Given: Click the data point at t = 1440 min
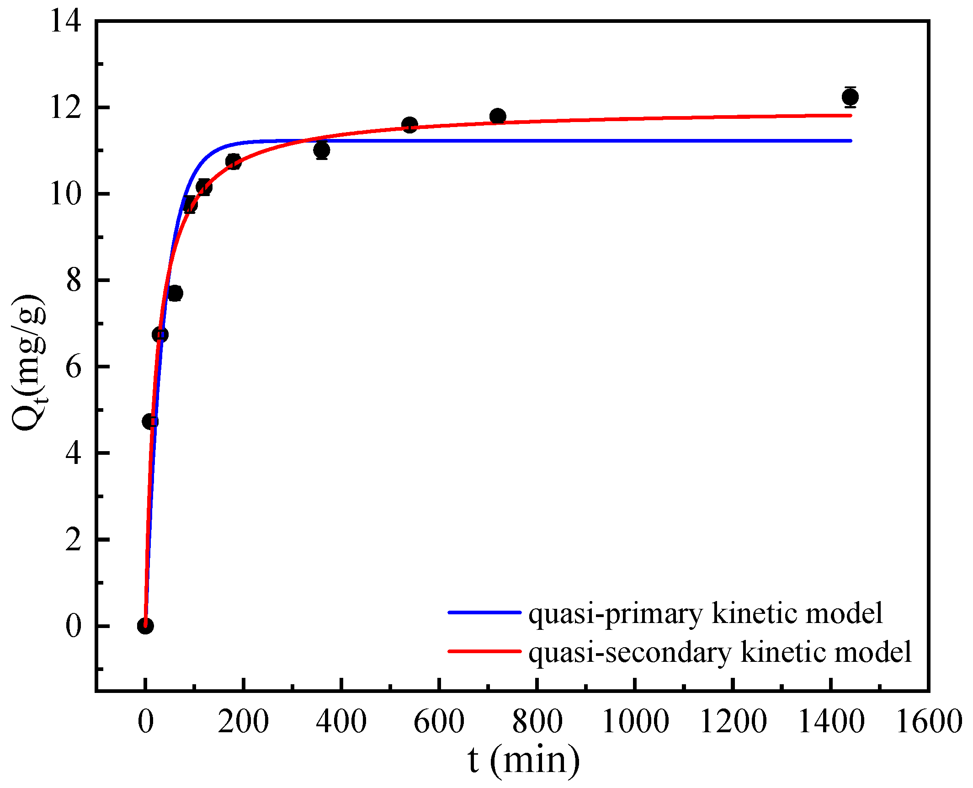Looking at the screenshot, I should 850,97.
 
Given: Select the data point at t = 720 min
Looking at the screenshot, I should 498,116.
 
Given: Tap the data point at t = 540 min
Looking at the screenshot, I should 409,125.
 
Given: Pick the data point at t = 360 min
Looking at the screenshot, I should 322,150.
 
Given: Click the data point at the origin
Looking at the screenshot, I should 145,626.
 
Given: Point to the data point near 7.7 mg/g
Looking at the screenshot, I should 175,293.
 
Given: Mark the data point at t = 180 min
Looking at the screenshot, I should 234,161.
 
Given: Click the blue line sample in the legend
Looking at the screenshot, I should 484,612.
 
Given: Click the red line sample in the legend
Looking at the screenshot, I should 484,651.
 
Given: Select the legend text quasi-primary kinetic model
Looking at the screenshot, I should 706,613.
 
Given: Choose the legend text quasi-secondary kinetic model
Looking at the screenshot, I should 720,652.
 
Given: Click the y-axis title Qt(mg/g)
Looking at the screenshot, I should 28,362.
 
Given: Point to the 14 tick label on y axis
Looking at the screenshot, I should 66,21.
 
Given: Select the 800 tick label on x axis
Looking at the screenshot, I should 537,721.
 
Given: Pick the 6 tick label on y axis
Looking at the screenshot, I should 73,367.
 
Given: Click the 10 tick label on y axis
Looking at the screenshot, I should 66,194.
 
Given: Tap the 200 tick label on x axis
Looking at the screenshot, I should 243,721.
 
